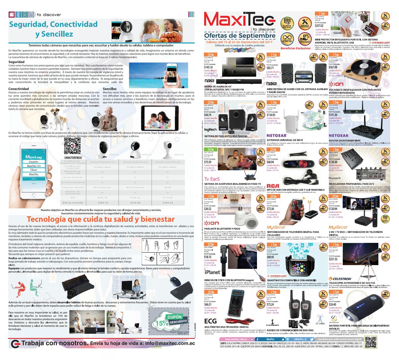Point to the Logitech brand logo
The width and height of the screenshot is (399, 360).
(x=210, y=130)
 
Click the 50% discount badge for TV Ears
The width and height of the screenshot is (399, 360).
(x=209, y=150)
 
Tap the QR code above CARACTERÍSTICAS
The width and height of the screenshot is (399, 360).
(x=72, y=146)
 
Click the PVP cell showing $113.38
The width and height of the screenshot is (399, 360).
(x=167, y=198)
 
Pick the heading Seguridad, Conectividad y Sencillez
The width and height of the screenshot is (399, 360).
(x=54, y=29)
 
